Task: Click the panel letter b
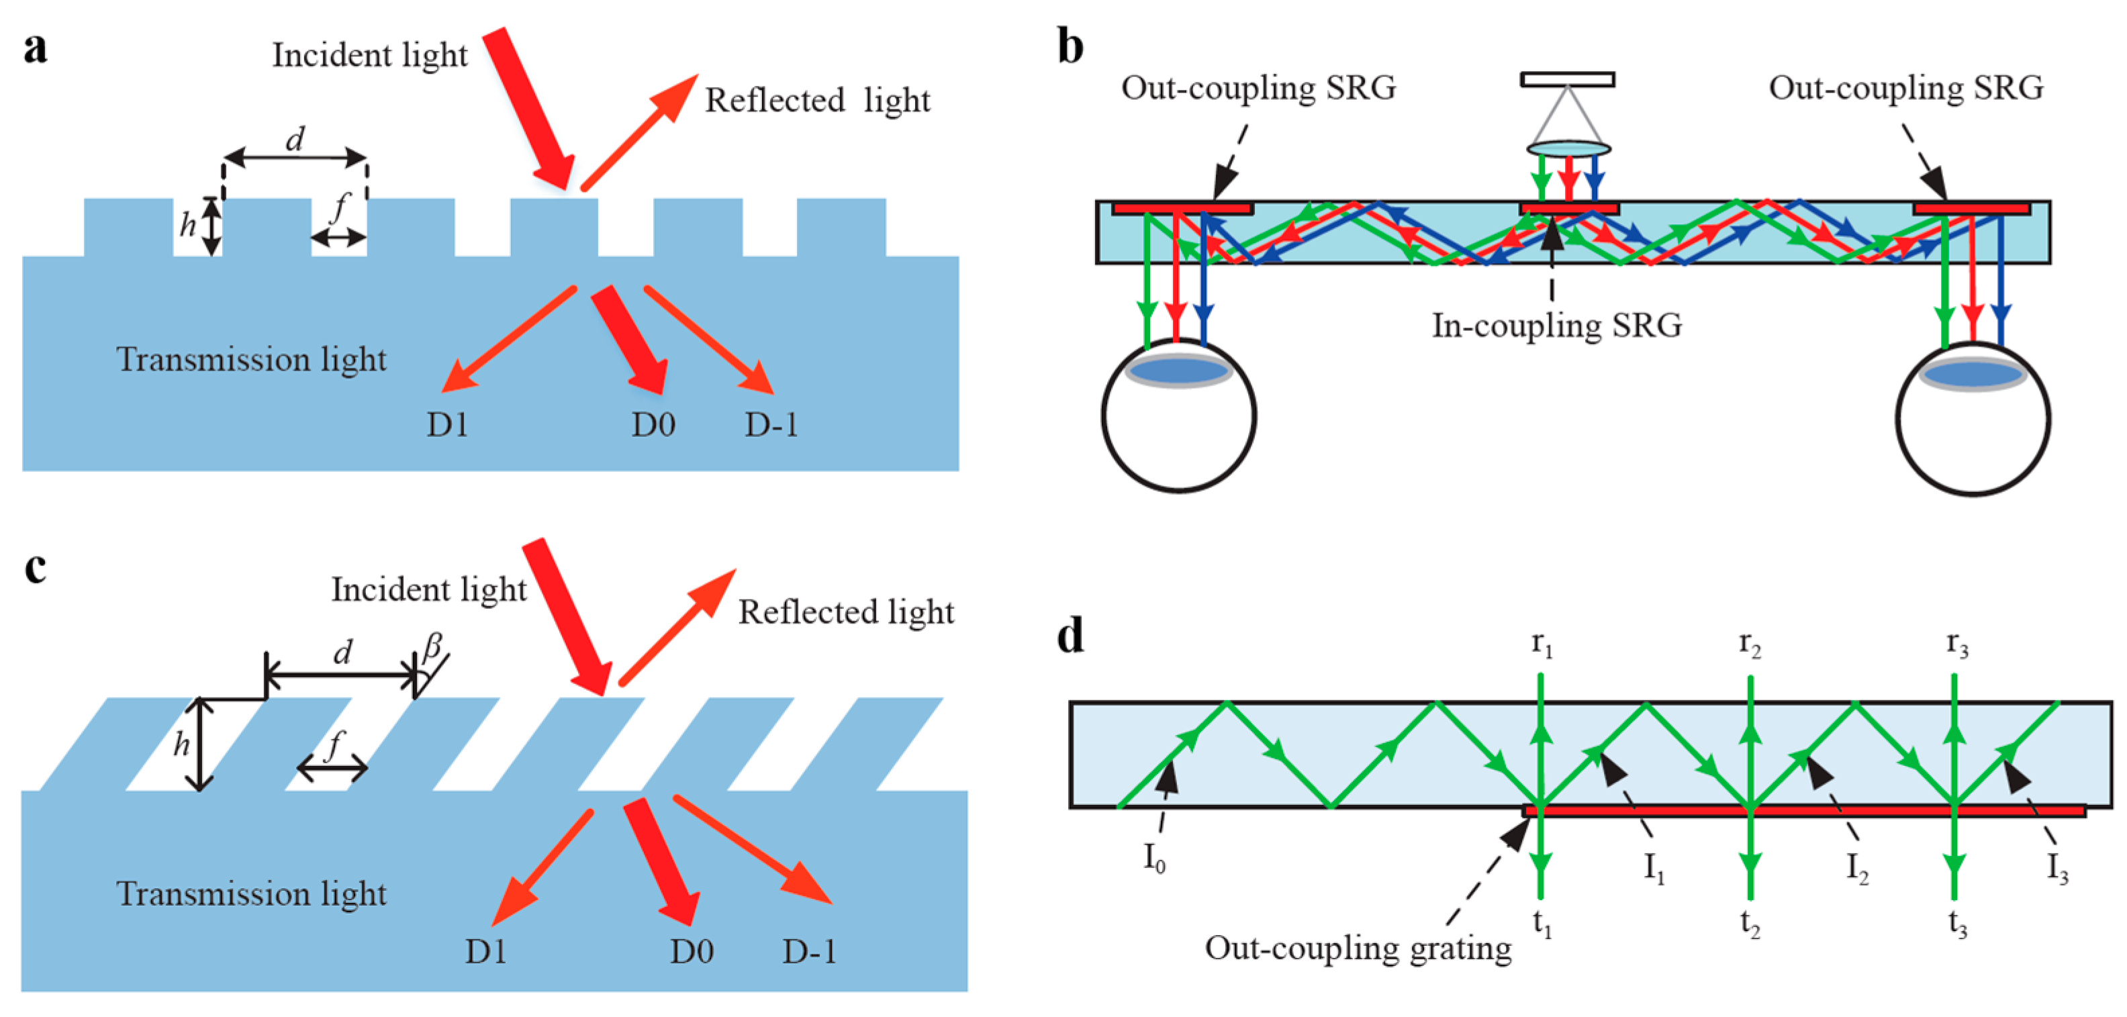point(1070,48)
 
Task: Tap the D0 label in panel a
point(653,424)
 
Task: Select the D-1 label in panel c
point(809,952)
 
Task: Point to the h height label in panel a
point(187,224)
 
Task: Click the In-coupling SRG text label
point(1556,326)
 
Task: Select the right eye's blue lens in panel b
point(1973,374)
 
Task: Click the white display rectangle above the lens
point(1567,79)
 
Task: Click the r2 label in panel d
point(1750,644)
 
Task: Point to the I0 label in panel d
point(1154,859)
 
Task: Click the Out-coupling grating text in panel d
point(1358,949)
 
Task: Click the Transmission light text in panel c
point(251,894)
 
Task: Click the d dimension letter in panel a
point(295,139)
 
